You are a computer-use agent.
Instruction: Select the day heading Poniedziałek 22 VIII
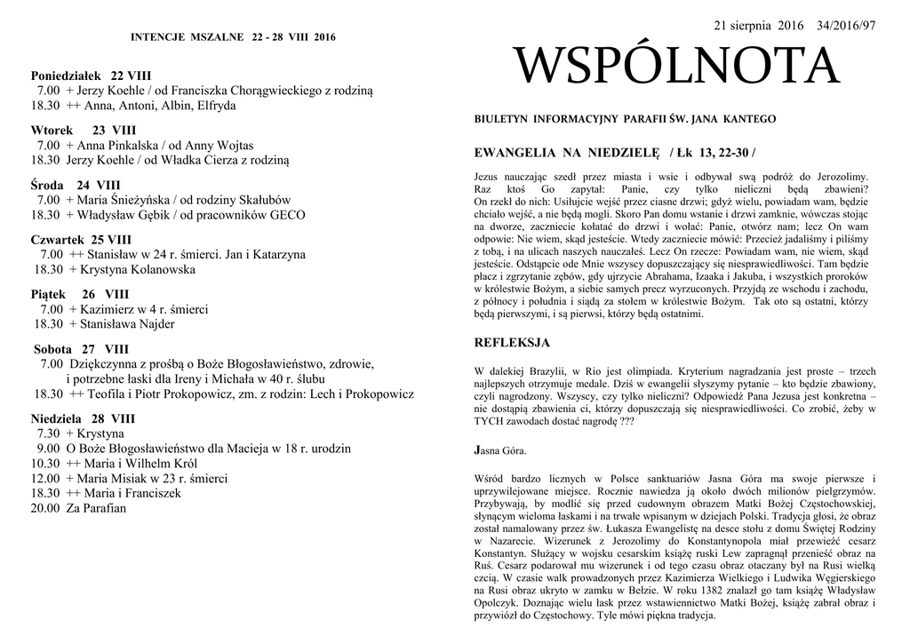tap(91, 76)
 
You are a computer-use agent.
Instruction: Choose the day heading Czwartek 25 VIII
tap(81, 240)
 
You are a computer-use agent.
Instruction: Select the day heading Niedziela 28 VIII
tap(83, 417)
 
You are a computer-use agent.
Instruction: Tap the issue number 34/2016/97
tap(845, 26)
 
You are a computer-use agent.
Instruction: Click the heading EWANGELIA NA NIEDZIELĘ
tap(567, 153)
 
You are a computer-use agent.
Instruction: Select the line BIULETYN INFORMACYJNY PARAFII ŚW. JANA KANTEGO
tap(625, 119)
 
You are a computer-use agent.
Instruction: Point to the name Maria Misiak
tap(112, 478)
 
